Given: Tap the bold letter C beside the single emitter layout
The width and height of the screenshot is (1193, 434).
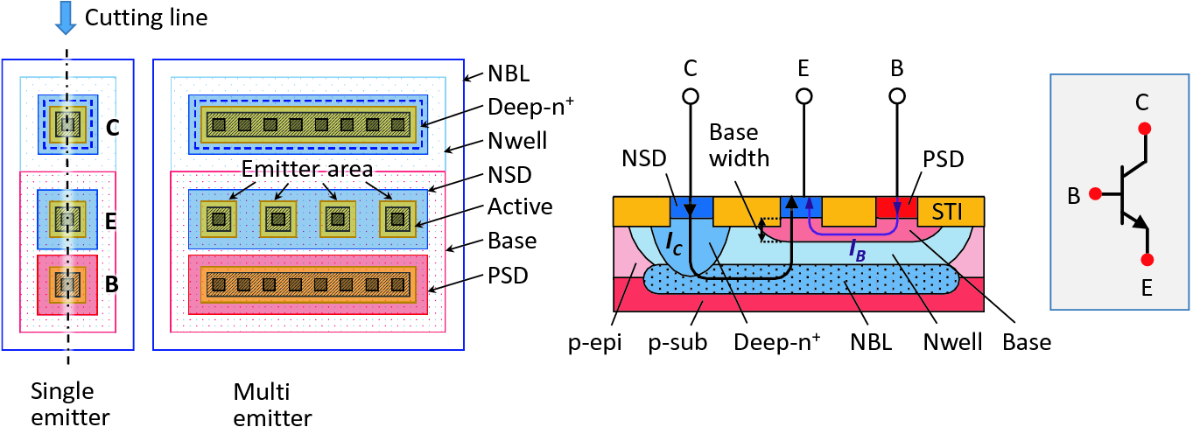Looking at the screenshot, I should pos(113,128).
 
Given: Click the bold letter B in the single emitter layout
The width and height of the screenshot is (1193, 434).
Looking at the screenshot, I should pos(112,283).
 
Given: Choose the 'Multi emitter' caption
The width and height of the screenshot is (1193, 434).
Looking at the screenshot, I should pos(272,403).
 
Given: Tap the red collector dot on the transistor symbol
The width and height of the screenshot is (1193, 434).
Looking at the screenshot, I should pos(1145,129).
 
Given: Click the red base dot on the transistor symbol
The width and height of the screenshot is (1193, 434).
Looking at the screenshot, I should pos(1094,192).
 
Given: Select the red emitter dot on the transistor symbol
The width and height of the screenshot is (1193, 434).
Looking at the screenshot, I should pos(1147,260).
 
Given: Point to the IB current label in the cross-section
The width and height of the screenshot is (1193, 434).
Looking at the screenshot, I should pos(859,248).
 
